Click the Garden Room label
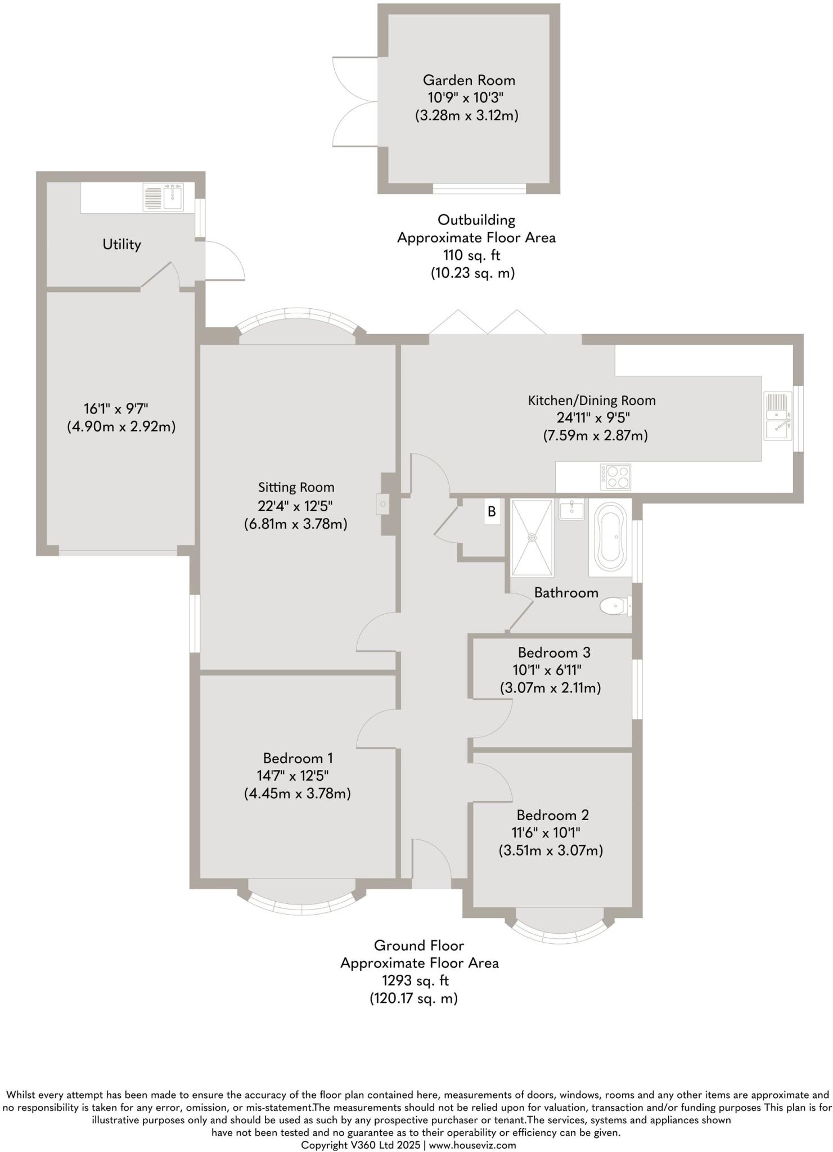(469, 80)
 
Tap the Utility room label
(121, 244)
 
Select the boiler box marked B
(492, 512)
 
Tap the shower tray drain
(532, 538)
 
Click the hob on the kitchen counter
(615, 476)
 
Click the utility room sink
(163, 197)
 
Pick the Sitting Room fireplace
(382, 504)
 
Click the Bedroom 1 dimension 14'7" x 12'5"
(293, 776)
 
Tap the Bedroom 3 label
(553, 652)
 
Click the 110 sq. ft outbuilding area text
(471, 255)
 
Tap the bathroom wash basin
(572, 509)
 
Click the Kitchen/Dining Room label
(592, 400)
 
